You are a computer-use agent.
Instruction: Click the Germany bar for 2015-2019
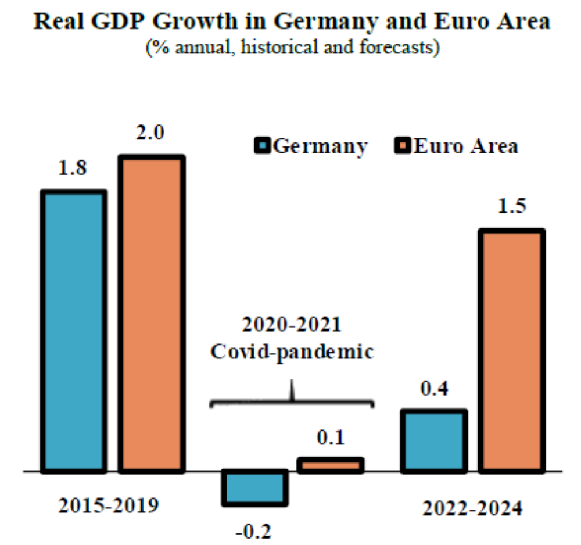[73, 331]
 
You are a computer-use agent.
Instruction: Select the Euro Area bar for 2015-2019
[151, 314]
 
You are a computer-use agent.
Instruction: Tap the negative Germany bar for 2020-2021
[256, 487]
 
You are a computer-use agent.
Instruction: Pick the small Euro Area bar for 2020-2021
[330, 465]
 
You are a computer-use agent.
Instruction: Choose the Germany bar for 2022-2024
[434, 441]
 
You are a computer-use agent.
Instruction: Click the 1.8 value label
[73, 168]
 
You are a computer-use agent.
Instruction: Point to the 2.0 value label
[150, 133]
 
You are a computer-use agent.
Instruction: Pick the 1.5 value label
[511, 207]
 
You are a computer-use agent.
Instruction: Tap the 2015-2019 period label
[109, 505]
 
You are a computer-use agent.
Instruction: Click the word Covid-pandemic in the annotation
[292, 352]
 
